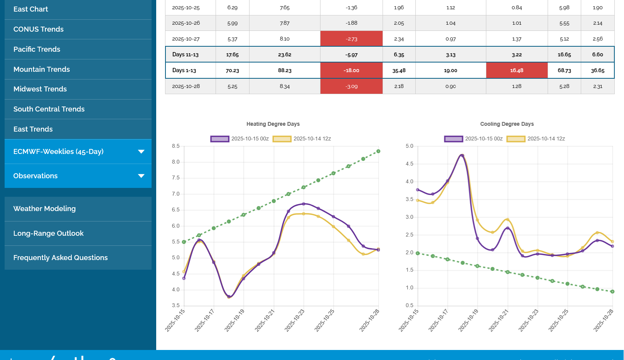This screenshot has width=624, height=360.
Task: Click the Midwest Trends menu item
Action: tap(40, 89)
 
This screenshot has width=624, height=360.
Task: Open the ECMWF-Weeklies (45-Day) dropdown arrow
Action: tap(141, 152)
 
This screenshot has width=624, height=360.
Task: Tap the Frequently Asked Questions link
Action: tap(61, 258)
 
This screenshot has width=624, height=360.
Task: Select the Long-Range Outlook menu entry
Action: tap(49, 233)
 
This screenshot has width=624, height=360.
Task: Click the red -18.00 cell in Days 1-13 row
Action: tap(351, 71)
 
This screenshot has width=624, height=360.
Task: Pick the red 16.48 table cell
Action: tap(516, 71)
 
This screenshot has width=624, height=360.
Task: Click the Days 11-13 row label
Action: tap(186, 55)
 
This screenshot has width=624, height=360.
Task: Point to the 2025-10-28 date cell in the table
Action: tap(186, 86)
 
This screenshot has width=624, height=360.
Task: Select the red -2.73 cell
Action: tap(351, 39)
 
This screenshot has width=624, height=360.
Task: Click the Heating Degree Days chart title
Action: tap(273, 124)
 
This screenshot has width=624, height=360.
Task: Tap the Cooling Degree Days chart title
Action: tap(507, 124)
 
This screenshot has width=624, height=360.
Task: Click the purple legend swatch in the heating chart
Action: tap(220, 139)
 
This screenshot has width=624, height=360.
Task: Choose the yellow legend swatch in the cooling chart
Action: tap(516, 139)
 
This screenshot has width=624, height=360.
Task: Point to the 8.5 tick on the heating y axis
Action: tap(176, 146)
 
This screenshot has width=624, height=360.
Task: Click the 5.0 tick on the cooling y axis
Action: tap(409, 146)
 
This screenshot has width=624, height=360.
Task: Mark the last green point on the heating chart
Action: tap(378, 151)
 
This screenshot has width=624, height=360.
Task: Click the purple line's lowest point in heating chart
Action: tap(229, 297)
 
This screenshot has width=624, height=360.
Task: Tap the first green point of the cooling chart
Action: tap(418, 253)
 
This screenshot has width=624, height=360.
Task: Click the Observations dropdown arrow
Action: tap(141, 176)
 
